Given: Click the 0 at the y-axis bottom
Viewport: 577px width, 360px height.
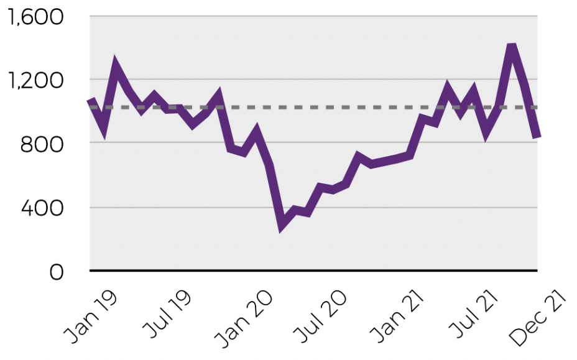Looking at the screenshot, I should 57,272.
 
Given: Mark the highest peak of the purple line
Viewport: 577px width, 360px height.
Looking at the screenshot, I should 512,47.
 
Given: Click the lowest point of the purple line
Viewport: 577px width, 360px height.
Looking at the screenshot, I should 282,226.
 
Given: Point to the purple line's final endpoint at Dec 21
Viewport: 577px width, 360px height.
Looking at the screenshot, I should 537,136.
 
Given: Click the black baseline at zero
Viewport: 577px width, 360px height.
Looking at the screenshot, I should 311,270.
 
